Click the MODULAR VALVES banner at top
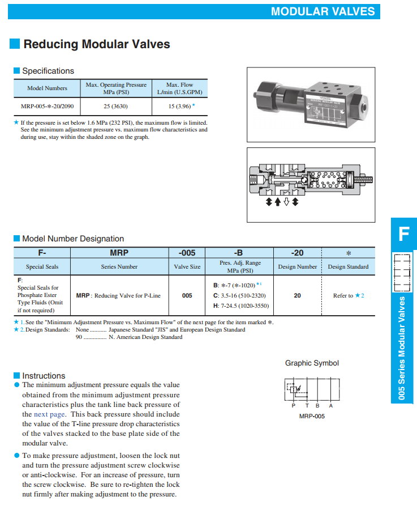323,11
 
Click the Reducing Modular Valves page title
96,44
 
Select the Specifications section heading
48,71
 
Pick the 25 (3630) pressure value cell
116,105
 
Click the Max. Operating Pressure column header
116,88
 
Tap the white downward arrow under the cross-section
286,202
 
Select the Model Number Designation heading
72,239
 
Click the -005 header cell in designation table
187,253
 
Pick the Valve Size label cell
187,267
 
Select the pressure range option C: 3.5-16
239,295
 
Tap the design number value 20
297,295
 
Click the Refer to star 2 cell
348,295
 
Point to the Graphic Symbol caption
312,363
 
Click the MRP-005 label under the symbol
312,416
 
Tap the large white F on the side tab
403,234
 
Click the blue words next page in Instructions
49,414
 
